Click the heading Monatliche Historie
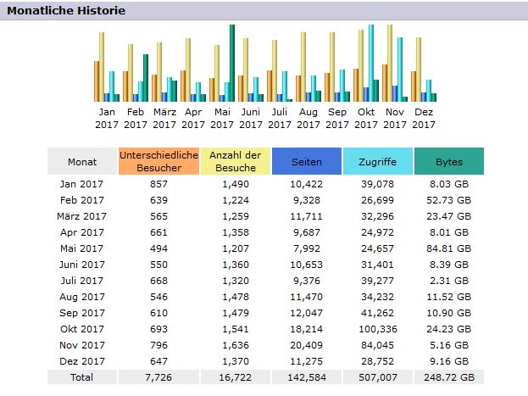66,11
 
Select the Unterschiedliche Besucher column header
159,161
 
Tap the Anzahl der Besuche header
235,161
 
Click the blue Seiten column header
306,161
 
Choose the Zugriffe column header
377,161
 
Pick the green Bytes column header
448,161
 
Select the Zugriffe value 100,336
377,328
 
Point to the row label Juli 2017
83,280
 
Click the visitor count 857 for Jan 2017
159,183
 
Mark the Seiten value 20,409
306,344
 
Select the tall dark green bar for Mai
231,64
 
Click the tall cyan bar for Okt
371,64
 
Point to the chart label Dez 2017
424,118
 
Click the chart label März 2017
164,118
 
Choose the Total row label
83,376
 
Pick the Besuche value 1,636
235,344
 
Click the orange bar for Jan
97,81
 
